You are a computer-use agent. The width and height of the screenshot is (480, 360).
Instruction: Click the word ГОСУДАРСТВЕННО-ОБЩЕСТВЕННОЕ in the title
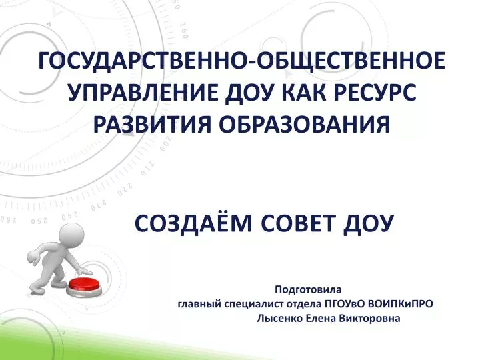coord(242,61)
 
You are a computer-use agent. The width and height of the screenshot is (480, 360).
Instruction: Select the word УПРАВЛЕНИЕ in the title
coord(143,93)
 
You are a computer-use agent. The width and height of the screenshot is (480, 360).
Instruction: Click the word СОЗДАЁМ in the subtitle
coord(193,223)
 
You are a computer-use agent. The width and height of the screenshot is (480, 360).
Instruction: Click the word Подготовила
coord(308,289)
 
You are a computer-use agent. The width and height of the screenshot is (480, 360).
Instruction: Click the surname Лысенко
coord(279,319)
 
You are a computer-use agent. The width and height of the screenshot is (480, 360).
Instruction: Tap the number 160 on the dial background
coord(184,31)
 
